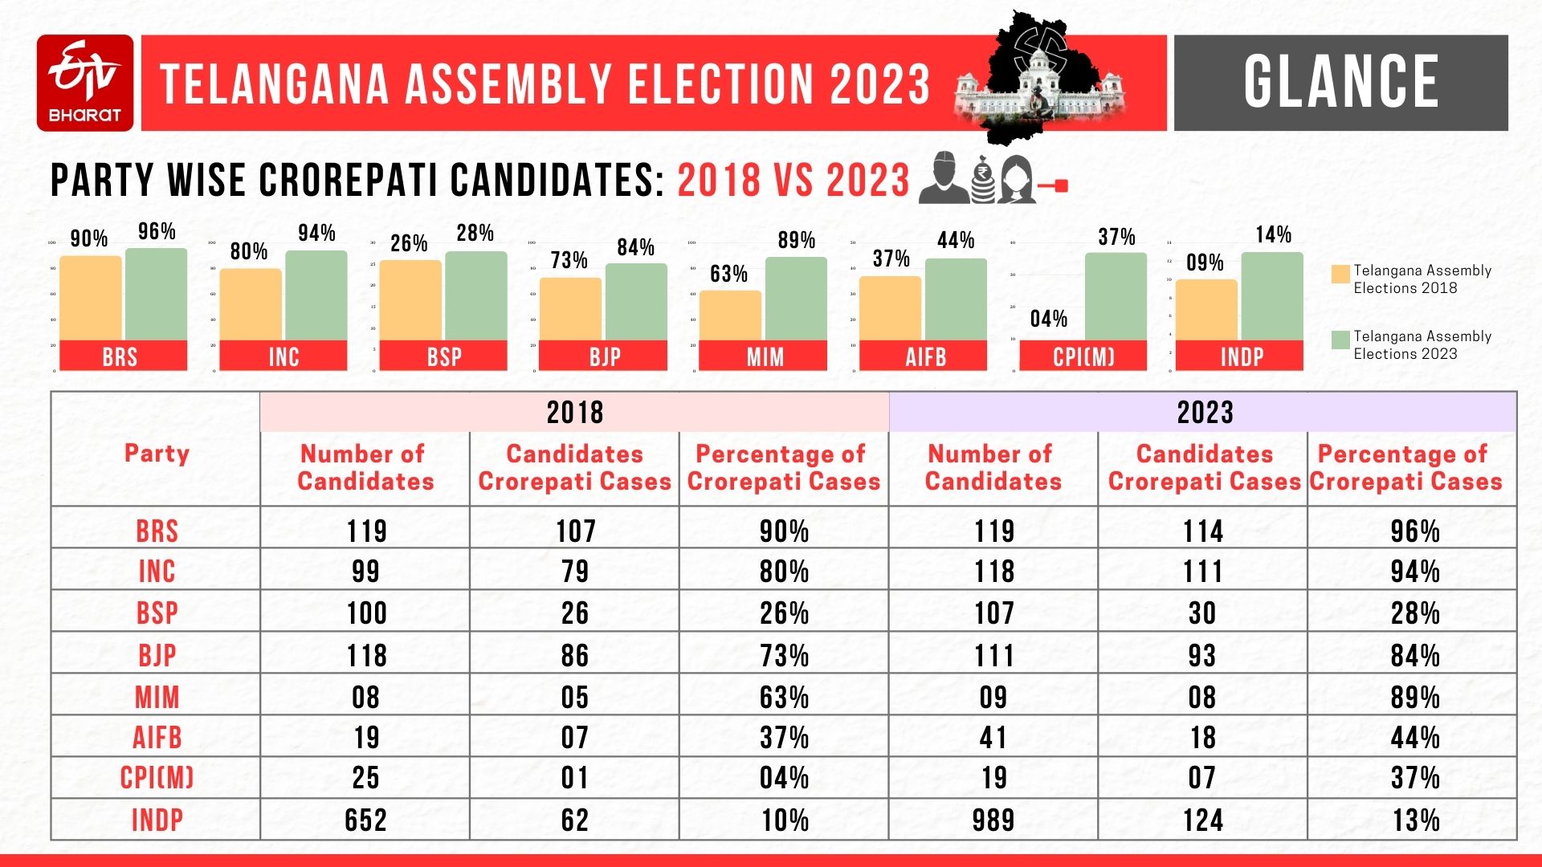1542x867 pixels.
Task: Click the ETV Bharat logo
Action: point(84,83)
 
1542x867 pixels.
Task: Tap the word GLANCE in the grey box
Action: point(1340,82)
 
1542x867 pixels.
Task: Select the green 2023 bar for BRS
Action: point(156,294)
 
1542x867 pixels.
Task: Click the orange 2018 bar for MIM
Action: point(730,315)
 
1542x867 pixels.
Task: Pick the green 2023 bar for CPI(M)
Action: point(1116,296)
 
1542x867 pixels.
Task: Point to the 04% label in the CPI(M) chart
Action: point(1048,319)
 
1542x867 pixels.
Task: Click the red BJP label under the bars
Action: point(604,356)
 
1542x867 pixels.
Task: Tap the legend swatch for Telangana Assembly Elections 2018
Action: point(1340,274)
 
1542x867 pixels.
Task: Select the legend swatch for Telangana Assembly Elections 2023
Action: point(1340,340)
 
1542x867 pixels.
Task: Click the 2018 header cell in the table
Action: point(574,413)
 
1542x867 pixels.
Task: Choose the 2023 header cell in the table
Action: point(1203,413)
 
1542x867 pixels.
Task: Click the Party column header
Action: point(157,454)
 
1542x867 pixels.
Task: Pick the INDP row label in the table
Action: point(157,820)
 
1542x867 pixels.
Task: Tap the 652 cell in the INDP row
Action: point(365,820)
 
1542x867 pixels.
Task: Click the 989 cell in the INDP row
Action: point(993,820)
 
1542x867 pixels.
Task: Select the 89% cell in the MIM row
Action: point(1413,697)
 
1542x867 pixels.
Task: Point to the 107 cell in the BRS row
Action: point(575,531)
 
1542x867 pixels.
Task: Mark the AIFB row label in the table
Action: point(157,737)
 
